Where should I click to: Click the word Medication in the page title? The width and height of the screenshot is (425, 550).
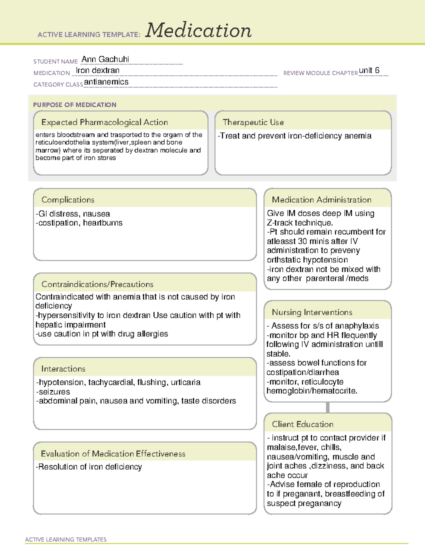click(198, 30)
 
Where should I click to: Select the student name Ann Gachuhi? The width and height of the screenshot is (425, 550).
click(105, 59)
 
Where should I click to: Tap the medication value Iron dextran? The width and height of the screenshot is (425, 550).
click(97, 70)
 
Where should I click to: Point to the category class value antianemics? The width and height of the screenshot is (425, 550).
click(106, 82)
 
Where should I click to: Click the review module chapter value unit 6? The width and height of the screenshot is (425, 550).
click(369, 70)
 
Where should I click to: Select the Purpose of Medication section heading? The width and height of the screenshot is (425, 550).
click(75, 105)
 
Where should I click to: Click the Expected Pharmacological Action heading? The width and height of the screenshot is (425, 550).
click(104, 123)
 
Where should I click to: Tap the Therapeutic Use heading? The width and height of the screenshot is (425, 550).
click(253, 123)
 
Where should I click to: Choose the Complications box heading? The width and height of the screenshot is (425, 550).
click(68, 200)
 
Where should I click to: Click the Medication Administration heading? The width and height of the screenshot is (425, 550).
click(322, 200)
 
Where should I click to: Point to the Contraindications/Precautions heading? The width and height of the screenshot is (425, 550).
click(97, 284)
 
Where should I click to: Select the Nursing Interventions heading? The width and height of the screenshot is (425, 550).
click(312, 312)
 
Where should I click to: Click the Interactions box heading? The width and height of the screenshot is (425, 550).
click(63, 369)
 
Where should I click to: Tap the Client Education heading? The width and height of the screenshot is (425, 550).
click(303, 424)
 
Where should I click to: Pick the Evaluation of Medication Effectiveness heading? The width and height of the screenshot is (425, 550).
click(113, 454)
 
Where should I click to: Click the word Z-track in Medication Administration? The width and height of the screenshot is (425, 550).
click(280, 223)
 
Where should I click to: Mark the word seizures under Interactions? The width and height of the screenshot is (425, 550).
click(54, 392)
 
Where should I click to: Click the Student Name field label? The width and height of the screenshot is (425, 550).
click(56, 62)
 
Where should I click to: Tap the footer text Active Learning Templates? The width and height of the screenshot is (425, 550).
click(66, 539)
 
